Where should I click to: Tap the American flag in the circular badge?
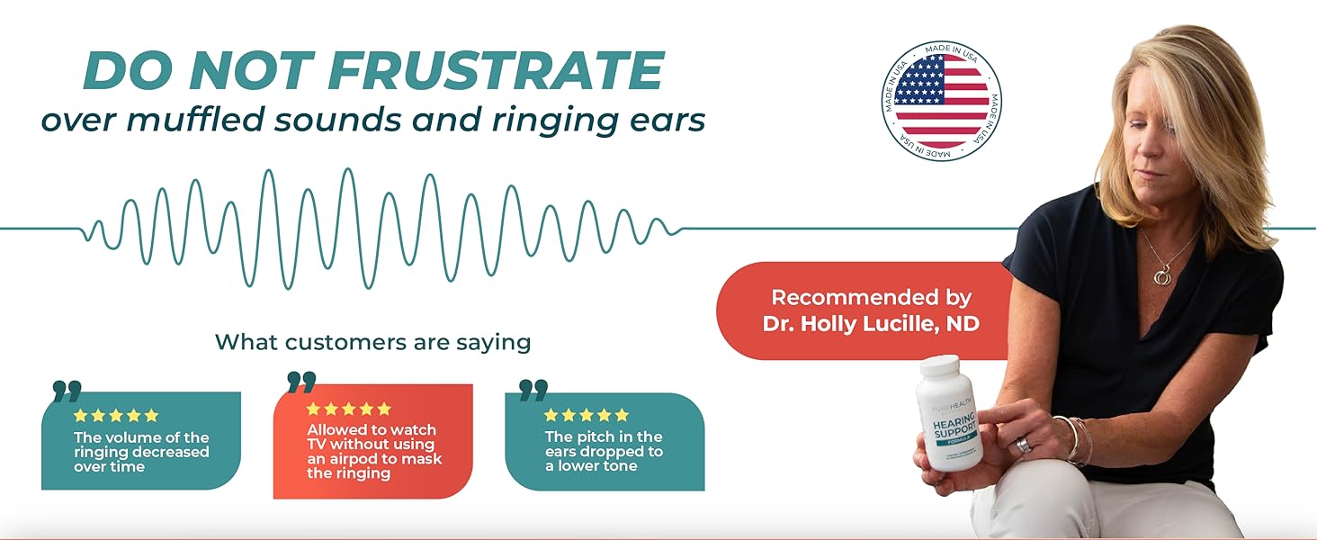[x=941, y=101]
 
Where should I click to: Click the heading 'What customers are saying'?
[x=372, y=342]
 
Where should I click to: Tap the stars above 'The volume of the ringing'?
[x=115, y=416]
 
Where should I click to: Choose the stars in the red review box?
[x=349, y=409]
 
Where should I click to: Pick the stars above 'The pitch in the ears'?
[x=587, y=415]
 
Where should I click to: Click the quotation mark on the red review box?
[x=301, y=382]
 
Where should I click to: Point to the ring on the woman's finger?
[x=1025, y=444]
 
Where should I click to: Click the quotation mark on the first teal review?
[x=67, y=391]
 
